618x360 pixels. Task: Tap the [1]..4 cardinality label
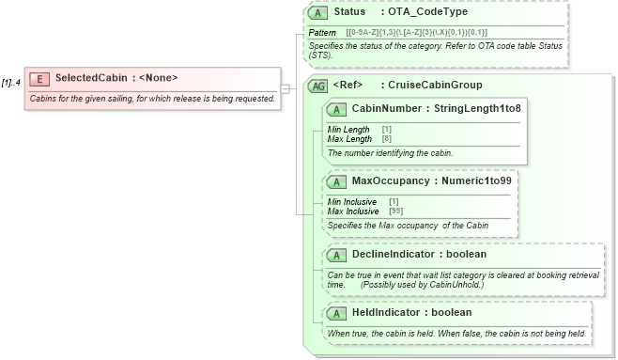[x=11, y=83]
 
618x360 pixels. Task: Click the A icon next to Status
[x=318, y=13]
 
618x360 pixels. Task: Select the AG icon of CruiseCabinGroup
[x=318, y=86]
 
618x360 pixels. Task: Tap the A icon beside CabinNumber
[x=336, y=108]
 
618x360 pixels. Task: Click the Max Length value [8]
[x=386, y=139]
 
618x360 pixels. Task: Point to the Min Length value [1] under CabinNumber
[x=386, y=129]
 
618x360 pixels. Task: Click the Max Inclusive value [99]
[x=395, y=211]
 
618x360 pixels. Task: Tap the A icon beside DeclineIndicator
[x=336, y=255]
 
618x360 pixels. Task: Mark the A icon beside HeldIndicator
[x=336, y=312]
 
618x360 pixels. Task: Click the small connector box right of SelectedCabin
[x=285, y=88]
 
